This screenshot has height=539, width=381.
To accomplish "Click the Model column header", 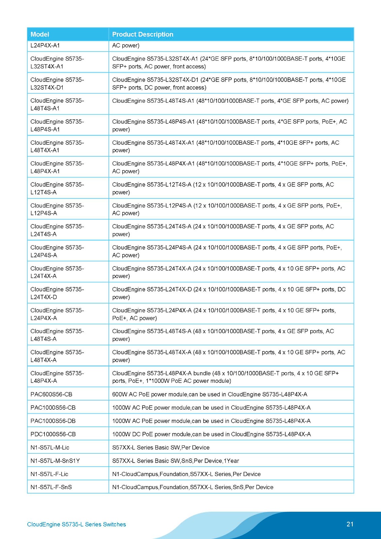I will [40, 34].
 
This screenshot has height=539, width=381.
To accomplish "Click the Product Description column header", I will [142, 34].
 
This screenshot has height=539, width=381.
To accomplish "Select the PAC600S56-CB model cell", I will [51, 394].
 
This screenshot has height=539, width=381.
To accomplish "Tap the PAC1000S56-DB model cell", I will [53, 421].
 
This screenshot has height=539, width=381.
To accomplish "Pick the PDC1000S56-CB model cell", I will [53, 434].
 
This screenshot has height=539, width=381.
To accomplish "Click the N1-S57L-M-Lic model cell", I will [50, 447].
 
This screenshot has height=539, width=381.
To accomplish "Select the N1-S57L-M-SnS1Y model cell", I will [55, 461].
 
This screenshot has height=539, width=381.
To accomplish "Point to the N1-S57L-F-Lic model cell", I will [49, 474].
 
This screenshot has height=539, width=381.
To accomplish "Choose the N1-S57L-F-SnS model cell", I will [51, 487].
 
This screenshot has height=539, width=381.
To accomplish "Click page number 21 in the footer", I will [350, 524].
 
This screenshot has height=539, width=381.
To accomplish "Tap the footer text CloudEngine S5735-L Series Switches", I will [76, 524].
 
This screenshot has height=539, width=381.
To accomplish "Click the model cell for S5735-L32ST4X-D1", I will [57, 84].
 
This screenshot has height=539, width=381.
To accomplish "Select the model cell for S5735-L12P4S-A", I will [57, 209].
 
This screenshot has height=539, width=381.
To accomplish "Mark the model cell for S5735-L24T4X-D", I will [57, 293].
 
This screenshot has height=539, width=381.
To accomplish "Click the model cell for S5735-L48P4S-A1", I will [57, 125].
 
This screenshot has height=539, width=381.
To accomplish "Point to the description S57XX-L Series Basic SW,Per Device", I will [161, 447].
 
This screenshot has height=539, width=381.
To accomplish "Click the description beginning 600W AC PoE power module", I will [210, 394].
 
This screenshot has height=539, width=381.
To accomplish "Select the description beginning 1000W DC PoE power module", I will [211, 434].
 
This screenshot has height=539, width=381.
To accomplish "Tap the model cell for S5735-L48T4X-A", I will [57, 356].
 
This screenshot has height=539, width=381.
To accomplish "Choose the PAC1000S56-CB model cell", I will [53, 408].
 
